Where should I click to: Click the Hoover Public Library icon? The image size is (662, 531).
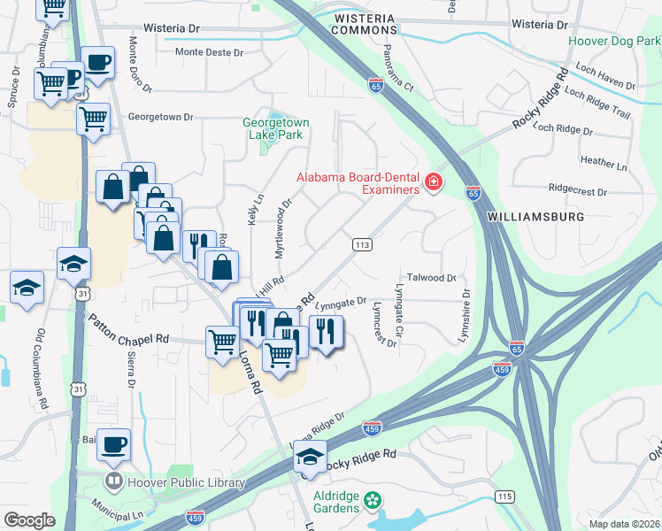click(114, 482)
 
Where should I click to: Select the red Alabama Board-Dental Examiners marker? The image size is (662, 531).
click(433, 183)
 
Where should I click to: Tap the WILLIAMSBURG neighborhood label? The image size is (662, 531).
click(523, 216)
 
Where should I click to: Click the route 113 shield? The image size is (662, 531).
click(361, 244)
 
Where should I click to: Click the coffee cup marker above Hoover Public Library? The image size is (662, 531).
click(113, 444)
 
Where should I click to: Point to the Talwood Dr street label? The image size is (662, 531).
click(431, 278)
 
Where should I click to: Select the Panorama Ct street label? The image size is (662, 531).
click(396, 71)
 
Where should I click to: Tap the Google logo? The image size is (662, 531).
click(29, 519)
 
